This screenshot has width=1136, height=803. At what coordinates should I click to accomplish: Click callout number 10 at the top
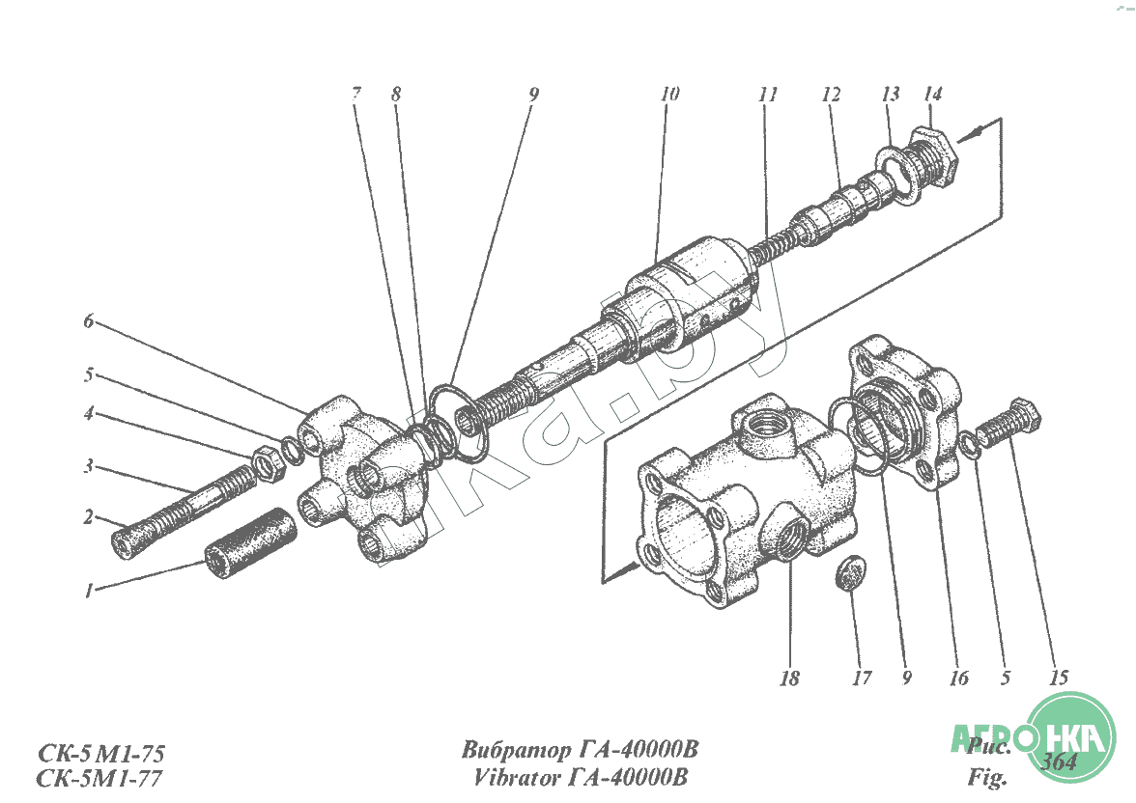click(x=669, y=95)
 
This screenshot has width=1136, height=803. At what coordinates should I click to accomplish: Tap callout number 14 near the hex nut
click(x=932, y=95)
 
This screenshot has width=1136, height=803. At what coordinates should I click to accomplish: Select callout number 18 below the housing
click(x=789, y=678)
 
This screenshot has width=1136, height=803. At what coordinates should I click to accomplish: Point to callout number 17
click(x=862, y=678)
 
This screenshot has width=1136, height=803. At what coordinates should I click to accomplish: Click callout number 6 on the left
click(x=88, y=322)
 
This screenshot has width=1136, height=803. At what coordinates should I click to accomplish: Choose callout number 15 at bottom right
click(x=1058, y=678)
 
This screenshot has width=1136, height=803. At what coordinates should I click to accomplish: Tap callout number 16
click(x=958, y=678)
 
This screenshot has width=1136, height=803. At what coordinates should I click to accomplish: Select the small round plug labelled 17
click(x=850, y=570)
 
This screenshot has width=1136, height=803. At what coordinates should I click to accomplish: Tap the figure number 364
click(x=1060, y=761)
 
